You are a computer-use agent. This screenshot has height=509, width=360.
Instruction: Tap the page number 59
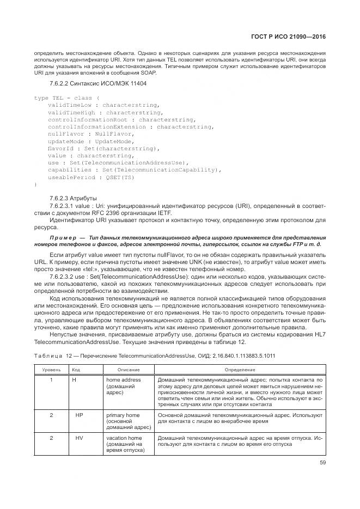click(x=322, y=463)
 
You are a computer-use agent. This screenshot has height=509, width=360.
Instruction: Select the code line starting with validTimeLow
click(x=99, y=105)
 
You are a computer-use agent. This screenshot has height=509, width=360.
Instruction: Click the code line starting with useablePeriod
click(x=91, y=177)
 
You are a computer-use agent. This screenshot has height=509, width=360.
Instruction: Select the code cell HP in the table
click(x=79, y=415)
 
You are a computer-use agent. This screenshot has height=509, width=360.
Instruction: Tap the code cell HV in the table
click(x=79, y=438)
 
